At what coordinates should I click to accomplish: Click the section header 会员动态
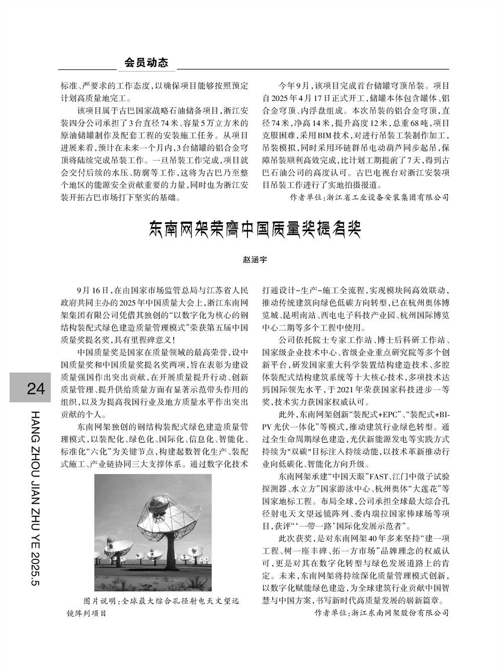click(x=146, y=62)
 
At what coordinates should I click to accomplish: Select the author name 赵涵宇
click(x=255, y=260)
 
